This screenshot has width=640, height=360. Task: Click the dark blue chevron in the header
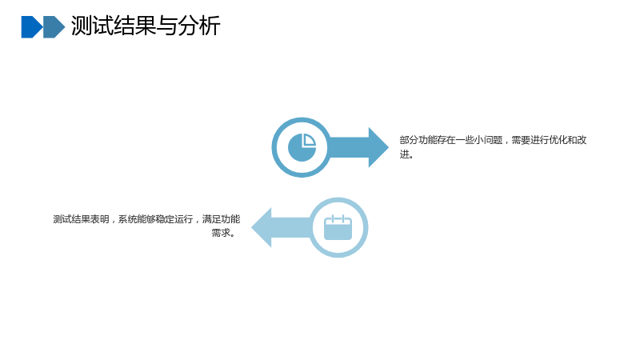32,27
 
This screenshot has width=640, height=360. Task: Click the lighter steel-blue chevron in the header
54,27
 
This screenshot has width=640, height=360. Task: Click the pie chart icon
302,147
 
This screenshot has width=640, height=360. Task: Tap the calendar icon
338,227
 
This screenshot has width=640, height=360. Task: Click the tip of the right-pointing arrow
389,147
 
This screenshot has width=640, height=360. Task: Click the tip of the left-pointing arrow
251,227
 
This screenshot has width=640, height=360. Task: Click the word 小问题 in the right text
489,140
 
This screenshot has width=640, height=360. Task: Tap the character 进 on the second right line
404,154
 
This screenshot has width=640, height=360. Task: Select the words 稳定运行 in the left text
174,219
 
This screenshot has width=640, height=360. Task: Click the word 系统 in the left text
127,219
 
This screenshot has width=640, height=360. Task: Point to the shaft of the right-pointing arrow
349,147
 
